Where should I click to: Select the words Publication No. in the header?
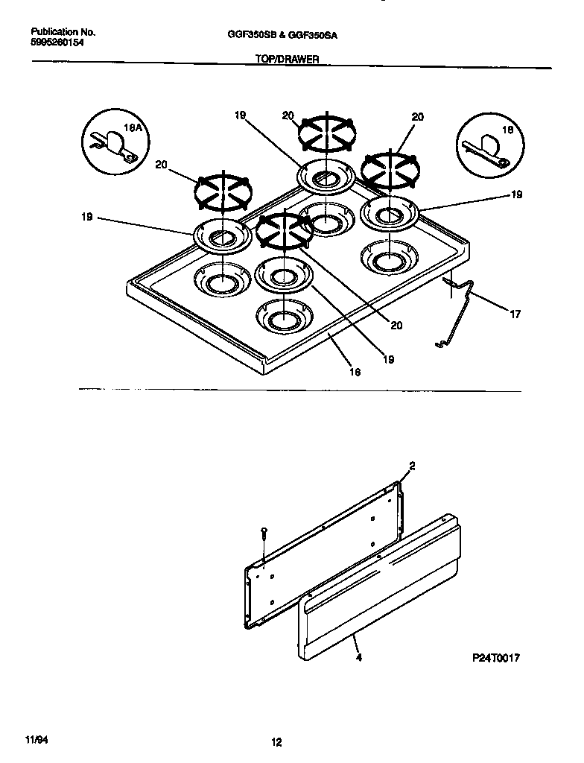[63, 33]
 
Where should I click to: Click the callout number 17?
[515, 314]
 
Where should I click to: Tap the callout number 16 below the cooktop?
[355, 372]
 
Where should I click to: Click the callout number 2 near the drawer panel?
[412, 466]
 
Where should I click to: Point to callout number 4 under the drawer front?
[359, 658]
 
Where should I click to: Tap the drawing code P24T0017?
[495, 659]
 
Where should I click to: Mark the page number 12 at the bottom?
[276, 741]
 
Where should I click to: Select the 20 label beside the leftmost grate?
[161, 165]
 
